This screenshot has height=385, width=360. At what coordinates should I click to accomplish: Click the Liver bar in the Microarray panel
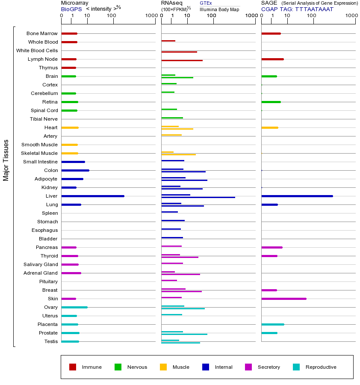pos(93,196)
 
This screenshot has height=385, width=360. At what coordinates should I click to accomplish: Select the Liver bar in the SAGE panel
pos(297,196)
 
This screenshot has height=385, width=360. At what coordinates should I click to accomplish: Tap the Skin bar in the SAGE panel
pos(283,299)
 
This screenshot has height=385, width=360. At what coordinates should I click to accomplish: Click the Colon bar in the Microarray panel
pos(75,170)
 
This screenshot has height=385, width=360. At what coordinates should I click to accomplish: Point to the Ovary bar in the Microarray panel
pos(74,307)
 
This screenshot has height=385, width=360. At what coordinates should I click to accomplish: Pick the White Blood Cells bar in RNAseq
pos(179,52)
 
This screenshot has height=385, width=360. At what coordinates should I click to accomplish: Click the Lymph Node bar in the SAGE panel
pos(272,59)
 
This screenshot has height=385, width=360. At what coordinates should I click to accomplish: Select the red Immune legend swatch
pos(73,367)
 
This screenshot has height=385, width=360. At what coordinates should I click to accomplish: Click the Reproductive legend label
pos(321,367)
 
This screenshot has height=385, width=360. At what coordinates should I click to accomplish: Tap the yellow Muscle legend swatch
pos(163,367)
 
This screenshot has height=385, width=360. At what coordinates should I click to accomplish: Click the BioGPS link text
pos(71,9)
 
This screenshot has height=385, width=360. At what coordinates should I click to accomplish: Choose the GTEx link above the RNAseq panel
pos(206,3)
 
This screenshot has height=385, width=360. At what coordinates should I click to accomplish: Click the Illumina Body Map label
pos(219,9)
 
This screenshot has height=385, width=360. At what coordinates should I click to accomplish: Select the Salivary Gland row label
pos(41,264)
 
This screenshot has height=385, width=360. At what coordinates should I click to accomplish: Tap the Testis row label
pos(51,341)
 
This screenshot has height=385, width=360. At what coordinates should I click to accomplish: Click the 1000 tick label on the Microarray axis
pos(150,16)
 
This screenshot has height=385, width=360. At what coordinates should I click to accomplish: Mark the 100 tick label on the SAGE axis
pos(312,16)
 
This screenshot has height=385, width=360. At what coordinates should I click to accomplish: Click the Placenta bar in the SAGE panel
pos(272,324)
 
